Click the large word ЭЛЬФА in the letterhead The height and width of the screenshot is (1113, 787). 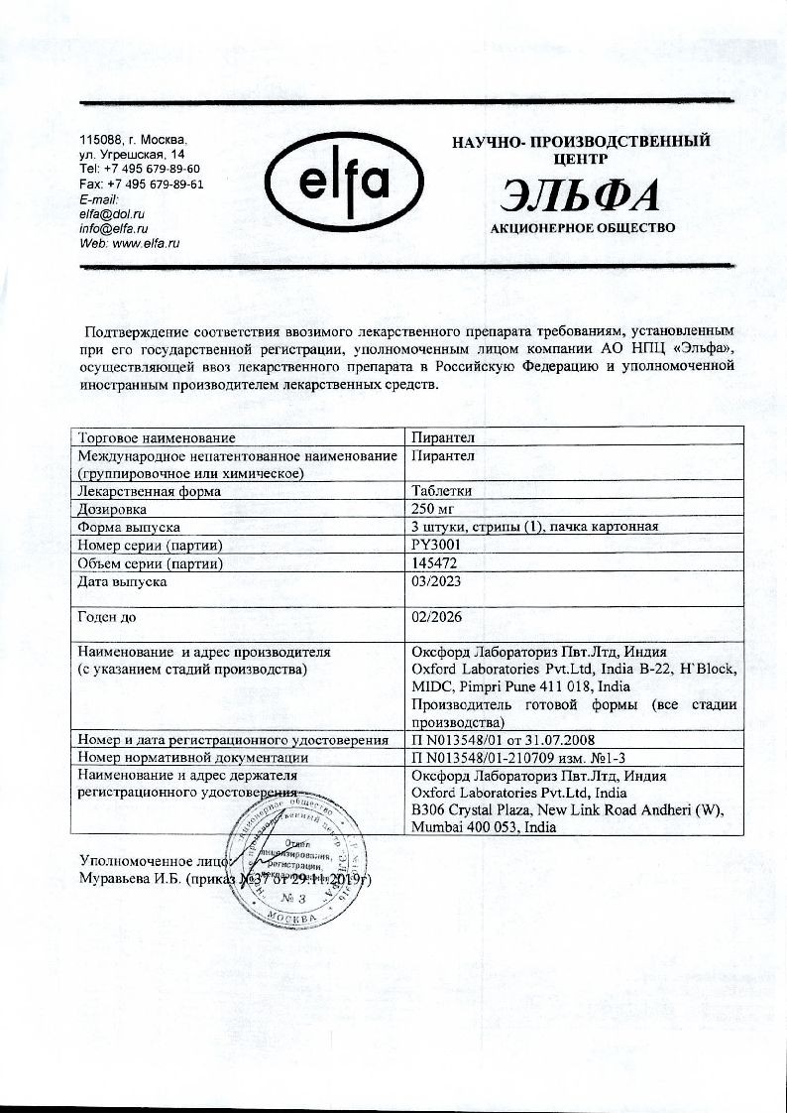[x=582, y=195]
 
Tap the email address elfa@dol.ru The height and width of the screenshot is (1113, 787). [x=112, y=213]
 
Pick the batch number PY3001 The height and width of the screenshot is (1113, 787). [x=437, y=545]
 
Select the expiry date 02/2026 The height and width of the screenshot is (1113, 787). [x=436, y=617]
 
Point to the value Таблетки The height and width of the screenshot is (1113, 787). [x=442, y=490]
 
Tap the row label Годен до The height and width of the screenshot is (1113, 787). [x=106, y=617]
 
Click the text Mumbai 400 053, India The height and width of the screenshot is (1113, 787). [x=484, y=826]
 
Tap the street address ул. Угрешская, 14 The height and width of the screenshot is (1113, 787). [x=131, y=156]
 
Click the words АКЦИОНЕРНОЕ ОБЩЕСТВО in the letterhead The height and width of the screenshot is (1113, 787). [x=583, y=228]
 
